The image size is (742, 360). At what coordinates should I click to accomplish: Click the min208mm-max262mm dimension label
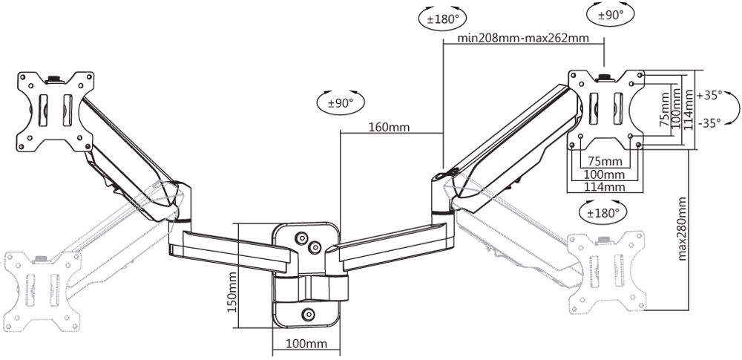coord(523,38)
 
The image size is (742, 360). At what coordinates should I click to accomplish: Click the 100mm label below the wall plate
coord(306,344)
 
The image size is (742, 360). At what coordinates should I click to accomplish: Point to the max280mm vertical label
coord(682,229)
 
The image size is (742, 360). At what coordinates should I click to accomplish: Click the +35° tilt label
coord(709,95)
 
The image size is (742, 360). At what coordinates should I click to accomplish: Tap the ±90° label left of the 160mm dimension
coord(341,102)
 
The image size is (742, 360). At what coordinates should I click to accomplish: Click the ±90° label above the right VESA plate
coord(611,15)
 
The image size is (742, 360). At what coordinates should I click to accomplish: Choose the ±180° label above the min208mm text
coord(442,19)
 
